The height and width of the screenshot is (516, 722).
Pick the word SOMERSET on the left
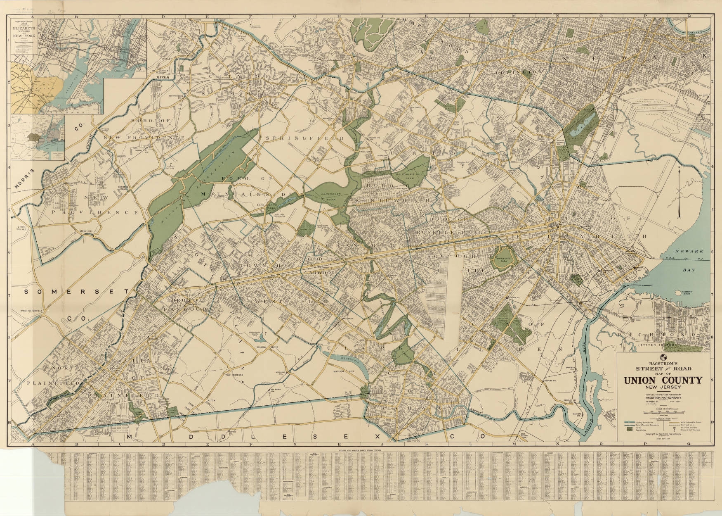[x=76, y=292]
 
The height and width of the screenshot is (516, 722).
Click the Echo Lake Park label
[x=270, y=208]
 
